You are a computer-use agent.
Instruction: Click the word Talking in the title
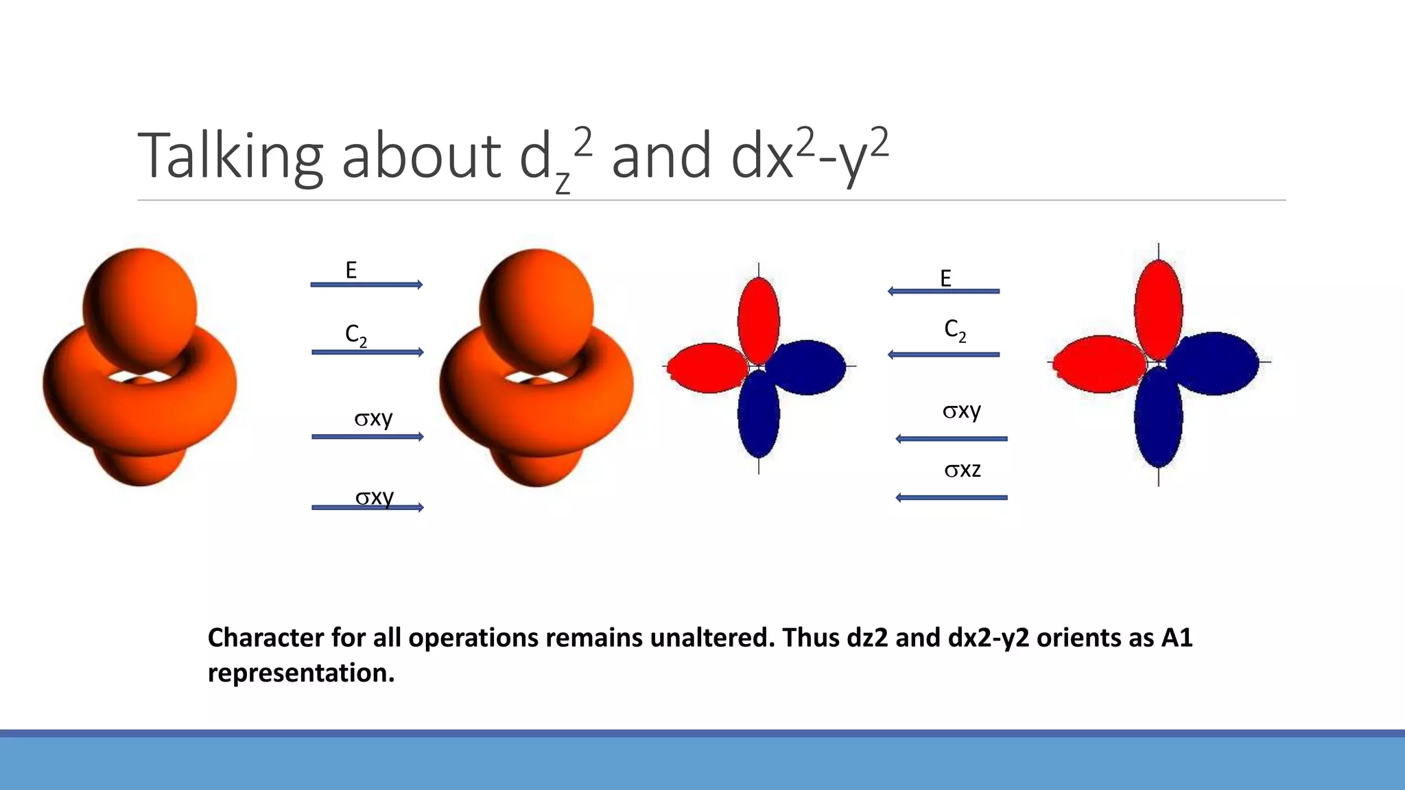pyautogui.click(x=230, y=156)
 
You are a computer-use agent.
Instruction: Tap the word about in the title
pyautogui.click(x=421, y=156)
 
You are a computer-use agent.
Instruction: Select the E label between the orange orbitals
pyautogui.click(x=351, y=271)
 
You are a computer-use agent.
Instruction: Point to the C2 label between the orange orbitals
pyautogui.click(x=355, y=335)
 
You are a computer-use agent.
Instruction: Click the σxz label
pyautogui.click(x=963, y=470)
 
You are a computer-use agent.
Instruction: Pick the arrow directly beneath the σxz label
pyautogui.click(x=952, y=497)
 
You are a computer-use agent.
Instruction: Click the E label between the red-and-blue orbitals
pyautogui.click(x=945, y=278)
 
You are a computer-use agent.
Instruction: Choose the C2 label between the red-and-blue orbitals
pyautogui.click(x=955, y=330)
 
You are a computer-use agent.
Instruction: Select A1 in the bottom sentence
pyautogui.click(x=1177, y=638)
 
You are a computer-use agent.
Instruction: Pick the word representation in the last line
pyautogui.click(x=300, y=673)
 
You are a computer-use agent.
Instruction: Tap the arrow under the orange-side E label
pyautogui.click(x=367, y=285)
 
